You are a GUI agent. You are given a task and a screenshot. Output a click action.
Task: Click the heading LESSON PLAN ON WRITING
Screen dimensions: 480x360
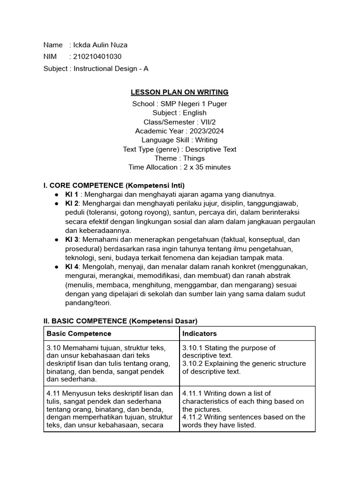pyautogui.click(x=180, y=92)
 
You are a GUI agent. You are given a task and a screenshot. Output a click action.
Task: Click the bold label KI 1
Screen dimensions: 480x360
pyautogui.click(x=71, y=194)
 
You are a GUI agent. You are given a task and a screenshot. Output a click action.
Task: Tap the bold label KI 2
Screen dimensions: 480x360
pyautogui.click(x=71, y=203)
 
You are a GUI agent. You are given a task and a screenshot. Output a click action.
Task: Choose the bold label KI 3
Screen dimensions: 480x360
pyautogui.click(x=71, y=240)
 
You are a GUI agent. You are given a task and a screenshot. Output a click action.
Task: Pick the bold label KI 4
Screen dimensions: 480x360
pyautogui.click(x=71, y=267)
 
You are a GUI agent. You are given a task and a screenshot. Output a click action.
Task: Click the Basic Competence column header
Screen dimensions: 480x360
pyautogui.click(x=79, y=334)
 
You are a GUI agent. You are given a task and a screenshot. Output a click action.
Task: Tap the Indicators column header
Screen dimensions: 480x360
pyautogui.click(x=199, y=334)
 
